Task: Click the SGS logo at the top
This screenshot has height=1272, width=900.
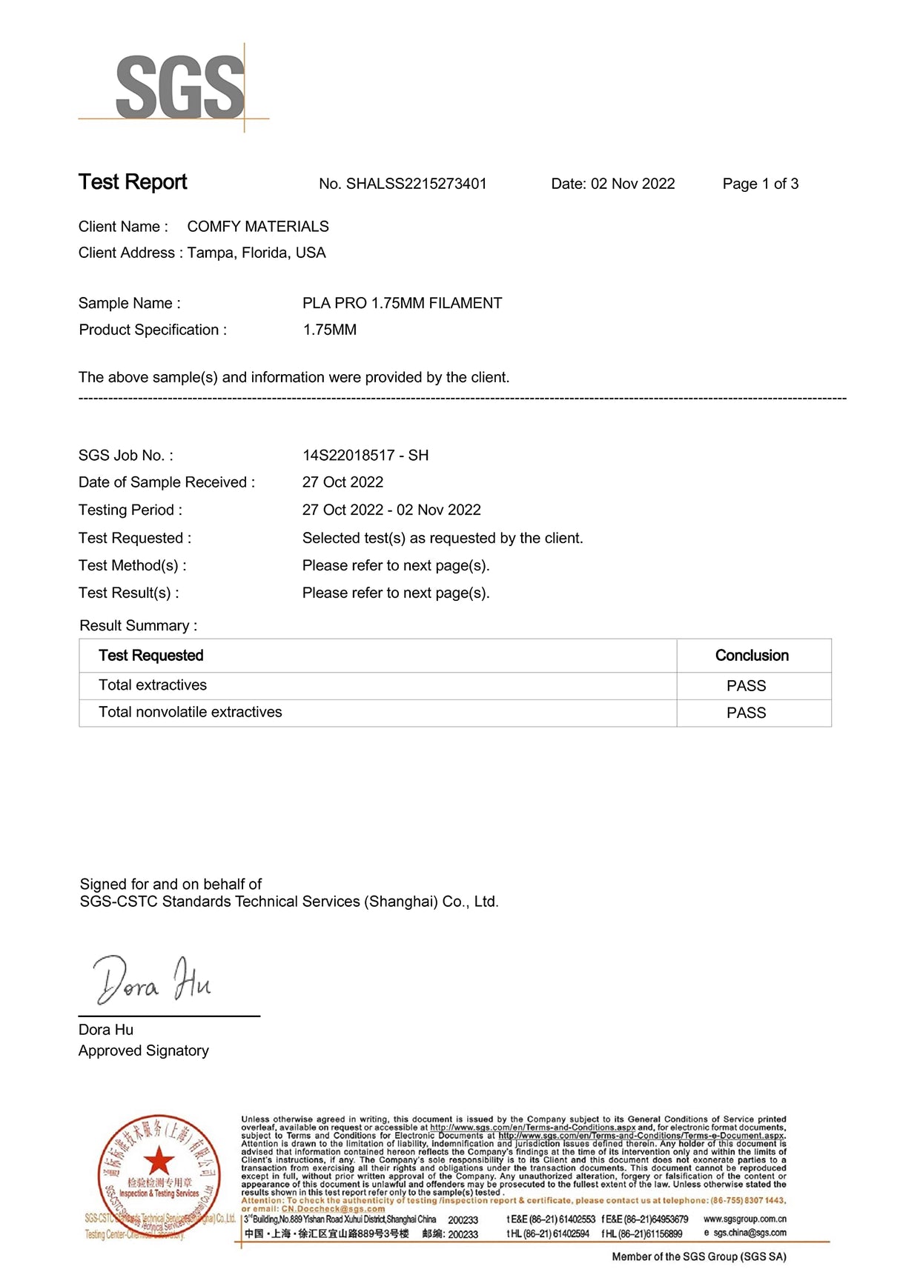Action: [x=179, y=88]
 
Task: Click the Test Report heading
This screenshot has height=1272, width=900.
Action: [x=133, y=182]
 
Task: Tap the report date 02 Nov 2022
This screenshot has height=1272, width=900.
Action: [x=632, y=184]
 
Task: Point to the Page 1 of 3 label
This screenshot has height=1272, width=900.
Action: [x=760, y=184]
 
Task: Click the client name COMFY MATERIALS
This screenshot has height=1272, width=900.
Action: [x=257, y=227]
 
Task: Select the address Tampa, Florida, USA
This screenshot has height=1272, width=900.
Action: [x=256, y=253]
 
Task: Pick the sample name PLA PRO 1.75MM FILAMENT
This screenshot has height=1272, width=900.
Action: [x=402, y=303]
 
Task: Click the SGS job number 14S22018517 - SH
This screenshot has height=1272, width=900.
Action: [x=365, y=456]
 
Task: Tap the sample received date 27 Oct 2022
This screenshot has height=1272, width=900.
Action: [x=343, y=482]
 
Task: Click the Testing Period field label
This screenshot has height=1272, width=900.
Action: [x=130, y=510]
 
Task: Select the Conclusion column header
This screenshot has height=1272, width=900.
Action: [x=752, y=656]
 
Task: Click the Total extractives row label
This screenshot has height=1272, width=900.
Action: [x=153, y=685]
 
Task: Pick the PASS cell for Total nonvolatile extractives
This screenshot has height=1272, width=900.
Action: [x=746, y=713]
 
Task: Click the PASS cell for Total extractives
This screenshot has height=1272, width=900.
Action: [x=746, y=686]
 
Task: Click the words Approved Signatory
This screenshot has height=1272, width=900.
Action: [x=144, y=1050]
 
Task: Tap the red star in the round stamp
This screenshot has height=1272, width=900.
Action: [x=158, y=1161]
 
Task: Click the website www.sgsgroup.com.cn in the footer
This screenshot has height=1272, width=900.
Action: [x=744, y=1219]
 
